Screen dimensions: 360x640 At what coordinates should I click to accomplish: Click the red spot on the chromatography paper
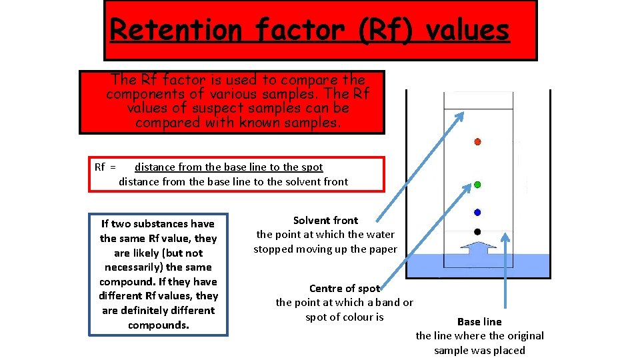coord(477,142)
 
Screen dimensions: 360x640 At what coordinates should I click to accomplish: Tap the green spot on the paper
coord(477,184)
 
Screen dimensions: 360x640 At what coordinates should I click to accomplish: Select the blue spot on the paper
coord(477,212)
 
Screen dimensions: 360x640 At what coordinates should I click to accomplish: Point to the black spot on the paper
coord(477,231)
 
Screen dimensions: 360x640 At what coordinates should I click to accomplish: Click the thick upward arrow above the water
coord(477,250)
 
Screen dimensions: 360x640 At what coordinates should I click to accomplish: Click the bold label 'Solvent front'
coord(325,220)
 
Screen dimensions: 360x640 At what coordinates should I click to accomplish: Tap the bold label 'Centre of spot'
coord(344,288)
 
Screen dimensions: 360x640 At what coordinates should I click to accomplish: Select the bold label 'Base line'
coord(479,321)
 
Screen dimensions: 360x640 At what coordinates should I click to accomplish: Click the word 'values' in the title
coord(467,30)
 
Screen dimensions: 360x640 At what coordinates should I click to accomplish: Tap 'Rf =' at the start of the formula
coord(105,167)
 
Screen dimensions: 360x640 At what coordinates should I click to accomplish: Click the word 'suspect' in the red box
coord(220,108)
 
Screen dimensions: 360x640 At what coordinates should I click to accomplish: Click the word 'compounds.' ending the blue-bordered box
coord(158,325)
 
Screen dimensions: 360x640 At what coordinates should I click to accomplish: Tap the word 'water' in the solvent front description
coord(380,234)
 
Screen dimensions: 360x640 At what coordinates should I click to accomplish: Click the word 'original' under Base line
coord(523,335)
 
